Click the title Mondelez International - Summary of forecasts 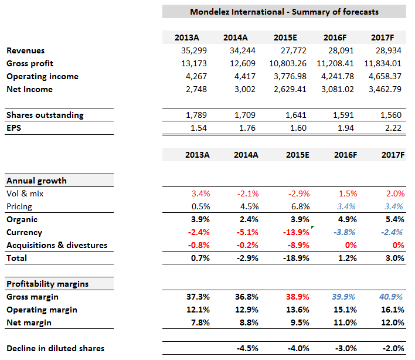pos(284,12)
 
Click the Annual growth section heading pos(36,181)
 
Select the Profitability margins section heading pos(47,284)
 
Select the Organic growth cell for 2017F pos(390,219)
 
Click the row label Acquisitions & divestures pos(56,245)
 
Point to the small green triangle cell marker pos(312,227)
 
